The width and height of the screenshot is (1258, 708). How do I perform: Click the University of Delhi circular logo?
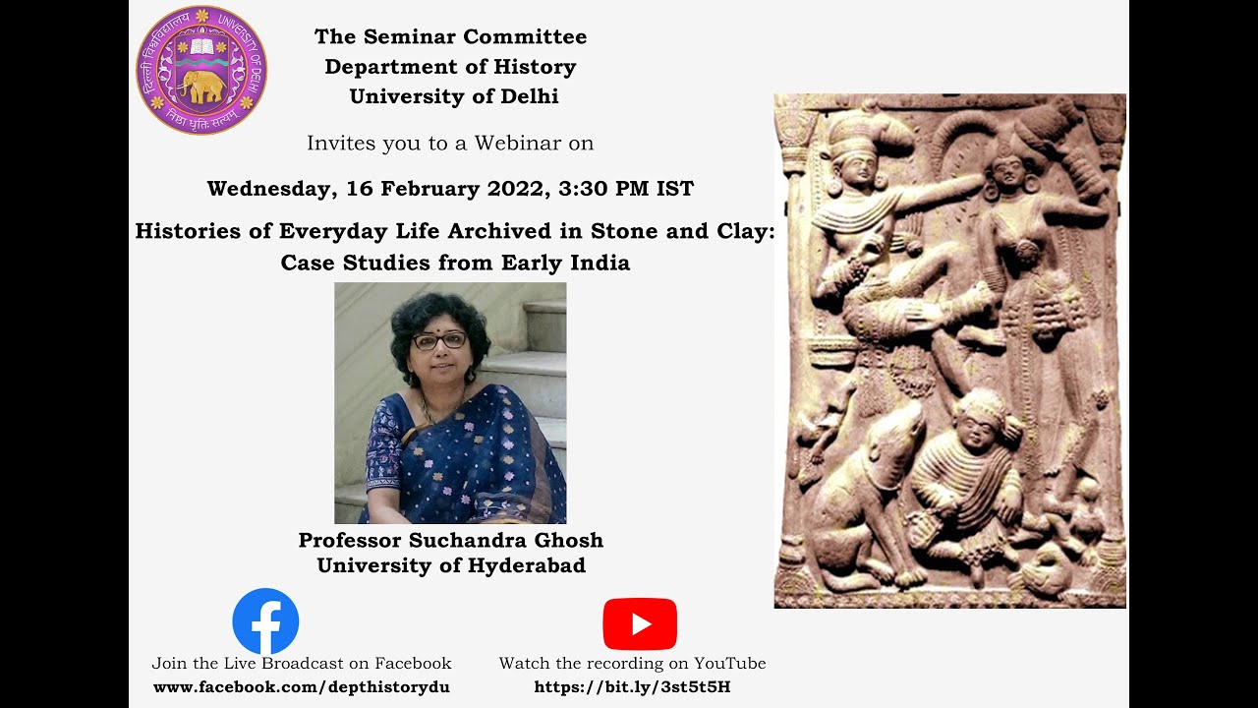point(201,70)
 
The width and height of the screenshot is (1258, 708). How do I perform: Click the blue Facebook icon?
point(265,621)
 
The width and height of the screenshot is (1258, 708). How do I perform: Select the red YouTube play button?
point(640,623)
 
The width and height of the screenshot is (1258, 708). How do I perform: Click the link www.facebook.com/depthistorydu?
point(302,687)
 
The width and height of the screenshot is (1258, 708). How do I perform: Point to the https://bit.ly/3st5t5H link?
point(632,687)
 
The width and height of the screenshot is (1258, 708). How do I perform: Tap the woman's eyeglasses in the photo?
point(439,340)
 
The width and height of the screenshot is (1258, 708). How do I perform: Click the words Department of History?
point(450,67)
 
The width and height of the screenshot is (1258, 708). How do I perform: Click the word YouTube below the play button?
point(730,664)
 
